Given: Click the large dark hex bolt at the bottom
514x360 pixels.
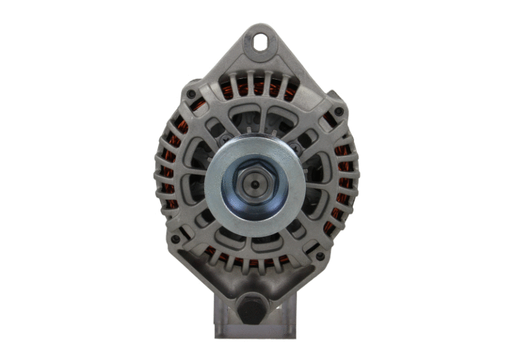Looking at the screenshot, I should click(252, 309).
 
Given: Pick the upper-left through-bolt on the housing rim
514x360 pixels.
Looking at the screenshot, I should click(191, 94).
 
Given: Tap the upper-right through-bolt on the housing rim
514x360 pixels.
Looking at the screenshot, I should click(338, 110).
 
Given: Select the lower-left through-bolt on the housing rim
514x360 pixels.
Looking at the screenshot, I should click(175, 239).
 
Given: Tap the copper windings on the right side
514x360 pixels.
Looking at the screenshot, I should click(343, 174).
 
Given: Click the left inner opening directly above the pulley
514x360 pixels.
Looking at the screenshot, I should click(241, 120).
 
